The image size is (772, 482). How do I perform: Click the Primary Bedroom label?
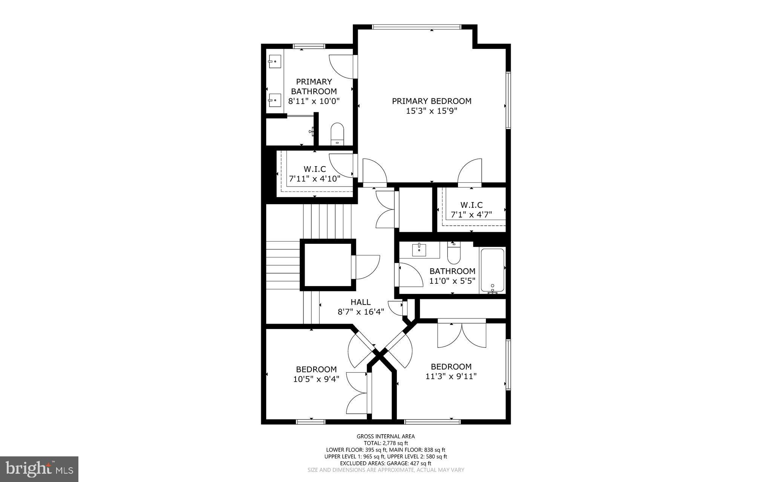point(432,101)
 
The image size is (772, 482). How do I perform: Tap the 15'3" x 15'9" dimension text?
point(432,111)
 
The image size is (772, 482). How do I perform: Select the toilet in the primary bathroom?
point(337,134)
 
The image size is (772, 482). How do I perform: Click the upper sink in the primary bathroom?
point(274,60)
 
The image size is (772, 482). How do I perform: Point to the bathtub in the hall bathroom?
point(492,270)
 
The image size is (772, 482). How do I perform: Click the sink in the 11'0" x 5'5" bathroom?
point(419,249)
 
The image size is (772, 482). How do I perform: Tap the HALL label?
point(360,302)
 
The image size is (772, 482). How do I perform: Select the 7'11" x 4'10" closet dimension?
point(315,179)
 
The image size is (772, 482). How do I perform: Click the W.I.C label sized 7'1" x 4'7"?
point(471,205)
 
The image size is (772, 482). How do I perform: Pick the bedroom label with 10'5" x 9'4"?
point(316,369)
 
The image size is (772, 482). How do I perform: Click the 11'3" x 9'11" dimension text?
point(451,376)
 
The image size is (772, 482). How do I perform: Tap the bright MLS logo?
point(39,468)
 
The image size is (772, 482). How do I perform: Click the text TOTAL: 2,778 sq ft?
point(386,443)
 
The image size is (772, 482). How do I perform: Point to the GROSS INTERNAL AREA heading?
point(386,436)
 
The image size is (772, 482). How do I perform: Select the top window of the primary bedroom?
point(416,27)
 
